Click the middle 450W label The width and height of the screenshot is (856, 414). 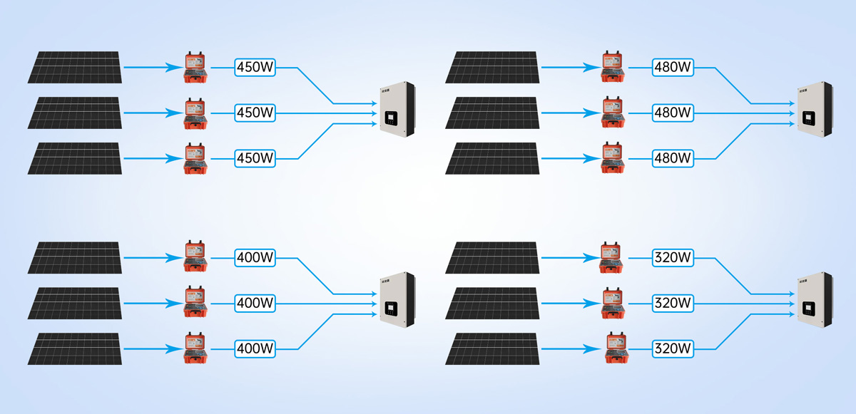click(x=255, y=113)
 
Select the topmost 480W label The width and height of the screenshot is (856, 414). click(x=673, y=68)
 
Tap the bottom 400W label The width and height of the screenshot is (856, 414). click(x=255, y=348)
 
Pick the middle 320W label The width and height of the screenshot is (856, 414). click(x=673, y=303)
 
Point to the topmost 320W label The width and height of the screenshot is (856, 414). click(x=673, y=257)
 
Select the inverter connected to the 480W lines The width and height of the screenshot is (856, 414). click(x=815, y=110)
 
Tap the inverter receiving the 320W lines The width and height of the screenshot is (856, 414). click(x=815, y=300)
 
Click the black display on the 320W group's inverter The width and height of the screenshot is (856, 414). click(x=808, y=309)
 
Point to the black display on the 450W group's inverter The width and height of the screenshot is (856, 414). click(x=391, y=119)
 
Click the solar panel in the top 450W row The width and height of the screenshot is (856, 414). click(x=76, y=67)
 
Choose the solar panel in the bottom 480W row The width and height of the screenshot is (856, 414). click(x=492, y=157)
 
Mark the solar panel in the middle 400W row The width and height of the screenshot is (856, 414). click(x=76, y=303)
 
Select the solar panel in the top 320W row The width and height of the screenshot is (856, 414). click(x=492, y=257)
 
